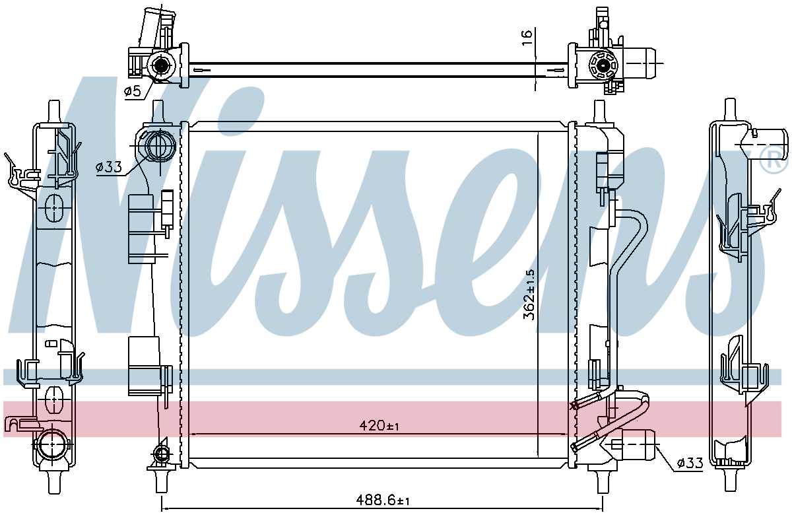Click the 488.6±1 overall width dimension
click(x=383, y=501)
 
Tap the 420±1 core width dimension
click(x=379, y=425)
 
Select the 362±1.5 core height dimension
click(x=529, y=295)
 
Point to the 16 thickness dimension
click(x=527, y=38)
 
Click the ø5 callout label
click(x=133, y=91)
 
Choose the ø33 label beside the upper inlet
click(x=109, y=167)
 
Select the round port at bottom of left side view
click(x=52, y=444)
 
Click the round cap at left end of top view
click(x=161, y=65)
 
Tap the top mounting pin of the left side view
click(x=54, y=112)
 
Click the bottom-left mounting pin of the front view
click(x=161, y=481)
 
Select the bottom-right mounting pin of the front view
click(x=600, y=482)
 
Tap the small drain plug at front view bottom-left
click(x=162, y=454)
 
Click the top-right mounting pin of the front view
click(x=599, y=112)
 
